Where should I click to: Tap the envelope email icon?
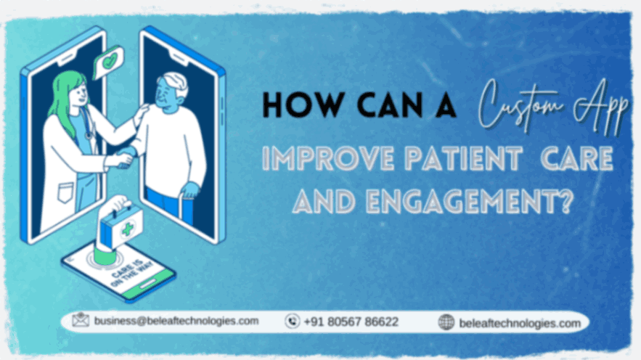pyautogui.click(x=81, y=319)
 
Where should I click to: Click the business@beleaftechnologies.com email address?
pyautogui.click(x=176, y=322)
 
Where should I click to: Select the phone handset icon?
pyautogui.click(x=292, y=322)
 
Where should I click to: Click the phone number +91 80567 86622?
pyautogui.click(x=351, y=322)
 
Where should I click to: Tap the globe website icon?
pyautogui.click(x=446, y=322)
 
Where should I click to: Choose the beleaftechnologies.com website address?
pyautogui.click(x=520, y=323)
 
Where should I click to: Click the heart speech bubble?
pyautogui.click(x=108, y=62)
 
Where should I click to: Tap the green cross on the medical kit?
pyautogui.click(x=128, y=229)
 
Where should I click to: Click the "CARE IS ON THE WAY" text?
pyautogui.click(x=131, y=273)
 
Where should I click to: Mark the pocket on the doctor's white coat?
pyautogui.click(x=65, y=192)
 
